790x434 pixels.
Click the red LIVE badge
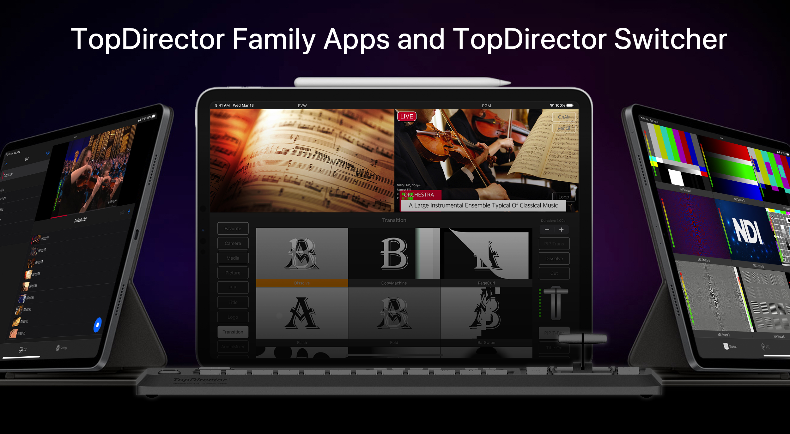406,116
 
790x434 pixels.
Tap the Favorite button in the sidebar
233,228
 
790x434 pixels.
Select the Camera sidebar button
233,243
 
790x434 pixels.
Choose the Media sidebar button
233,258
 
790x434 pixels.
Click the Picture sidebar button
233,273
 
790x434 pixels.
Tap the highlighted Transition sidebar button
233,332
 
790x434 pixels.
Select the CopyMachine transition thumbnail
394,254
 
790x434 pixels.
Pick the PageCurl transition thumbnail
486,254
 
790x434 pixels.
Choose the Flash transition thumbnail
302,313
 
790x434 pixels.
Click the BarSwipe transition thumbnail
486,313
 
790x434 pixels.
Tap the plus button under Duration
562,230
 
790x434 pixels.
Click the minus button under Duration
547,230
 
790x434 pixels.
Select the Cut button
554,273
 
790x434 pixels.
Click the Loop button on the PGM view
563,197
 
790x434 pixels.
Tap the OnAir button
564,117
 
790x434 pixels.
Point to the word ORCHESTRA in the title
419,195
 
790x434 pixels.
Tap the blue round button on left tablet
98,325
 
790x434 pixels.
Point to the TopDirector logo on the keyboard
200,380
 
